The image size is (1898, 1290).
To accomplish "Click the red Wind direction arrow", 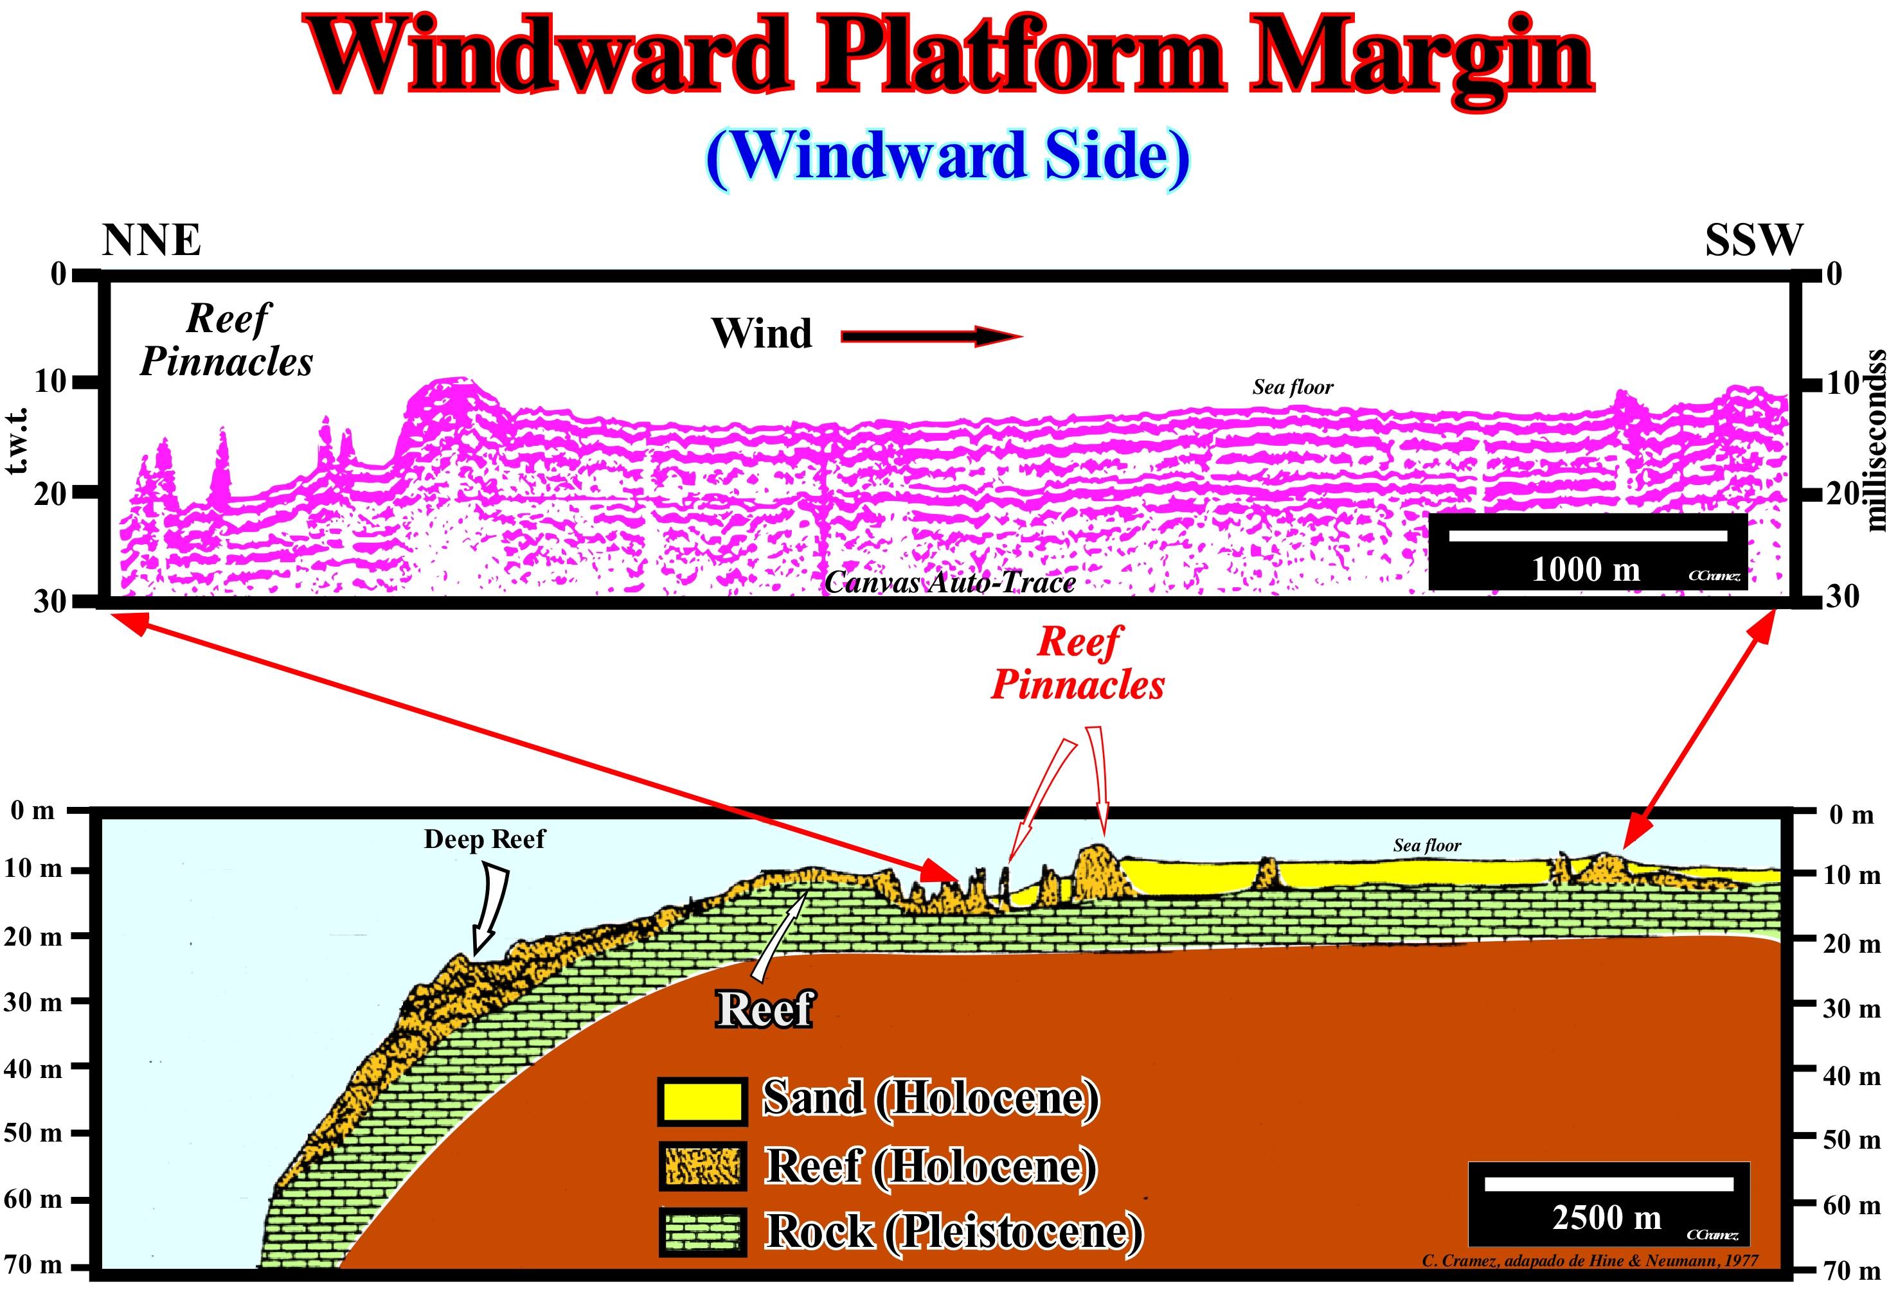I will pyautogui.click(x=931, y=337).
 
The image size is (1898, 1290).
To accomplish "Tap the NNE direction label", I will pyautogui.click(x=151, y=240).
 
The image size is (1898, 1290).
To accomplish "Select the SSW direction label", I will pyautogui.click(x=1753, y=240).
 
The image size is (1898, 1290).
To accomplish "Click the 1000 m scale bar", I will pyautogui.click(x=1588, y=536).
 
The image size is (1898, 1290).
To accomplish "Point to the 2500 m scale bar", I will pyautogui.click(x=1608, y=1184).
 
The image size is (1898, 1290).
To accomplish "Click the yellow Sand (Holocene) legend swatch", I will pyautogui.click(x=701, y=1101).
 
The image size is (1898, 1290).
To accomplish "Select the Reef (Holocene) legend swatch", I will pyautogui.click(x=701, y=1166).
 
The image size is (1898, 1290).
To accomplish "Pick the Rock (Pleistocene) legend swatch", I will pyautogui.click(x=701, y=1232).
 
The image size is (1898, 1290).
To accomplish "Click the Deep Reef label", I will pyautogui.click(x=484, y=839).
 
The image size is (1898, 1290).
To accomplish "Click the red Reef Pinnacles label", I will pyautogui.click(x=1078, y=663).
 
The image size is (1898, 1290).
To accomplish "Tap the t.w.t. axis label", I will pyautogui.click(x=18, y=441).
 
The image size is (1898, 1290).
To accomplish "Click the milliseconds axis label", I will pyautogui.click(x=1877, y=441).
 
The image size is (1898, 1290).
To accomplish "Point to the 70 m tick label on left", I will pyautogui.click(x=33, y=1265).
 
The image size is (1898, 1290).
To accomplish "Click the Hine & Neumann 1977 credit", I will pyautogui.click(x=1589, y=1260).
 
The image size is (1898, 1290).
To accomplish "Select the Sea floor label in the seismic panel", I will pyautogui.click(x=1293, y=387).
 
